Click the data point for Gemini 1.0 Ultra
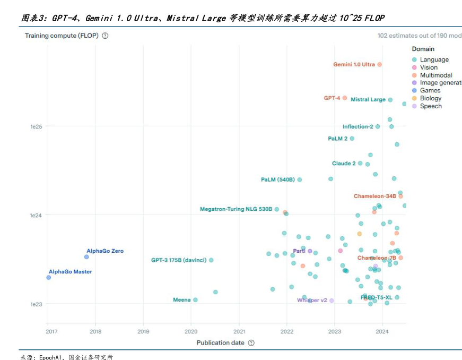(x=379, y=65)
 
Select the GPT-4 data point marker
(x=345, y=98)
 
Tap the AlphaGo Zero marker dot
(x=86, y=257)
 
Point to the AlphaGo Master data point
(x=49, y=277)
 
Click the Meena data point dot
(x=195, y=300)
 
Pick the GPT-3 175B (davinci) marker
(x=211, y=260)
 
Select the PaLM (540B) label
(x=277, y=180)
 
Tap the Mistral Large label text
(x=368, y=100)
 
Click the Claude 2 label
(x=344, y=164)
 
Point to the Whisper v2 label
(x=312, y=301)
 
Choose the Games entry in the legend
(x=430, y=91)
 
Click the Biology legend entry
(x=430, y=98)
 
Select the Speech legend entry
(x=430, y=106)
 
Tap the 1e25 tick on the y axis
(x=36, y=126)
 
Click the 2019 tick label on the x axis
(x=143, y=332)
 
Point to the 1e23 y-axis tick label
(x=36, y=304)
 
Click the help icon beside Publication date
(x=251, y=343)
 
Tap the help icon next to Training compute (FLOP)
(x=105, y=36)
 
